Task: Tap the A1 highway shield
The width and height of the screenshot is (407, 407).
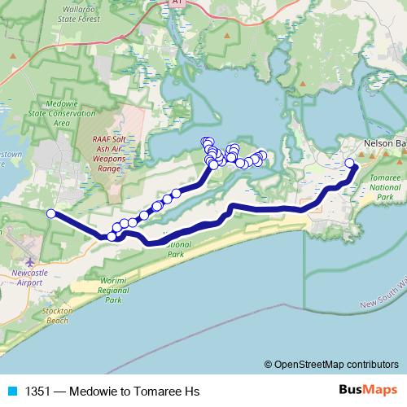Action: click(x=177, y=3)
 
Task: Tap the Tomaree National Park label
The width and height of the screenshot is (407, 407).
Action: click(x=384, y=187)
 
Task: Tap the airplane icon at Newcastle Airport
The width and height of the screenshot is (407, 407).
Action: click(x=31, y=261)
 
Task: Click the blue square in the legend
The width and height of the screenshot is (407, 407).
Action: click(x=11, y=391)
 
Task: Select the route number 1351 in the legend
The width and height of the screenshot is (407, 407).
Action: click(x=33, y=391)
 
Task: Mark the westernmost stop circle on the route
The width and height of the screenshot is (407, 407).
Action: click(x=50, y=214)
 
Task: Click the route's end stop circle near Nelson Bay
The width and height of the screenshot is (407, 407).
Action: click(x=350, y=163)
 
